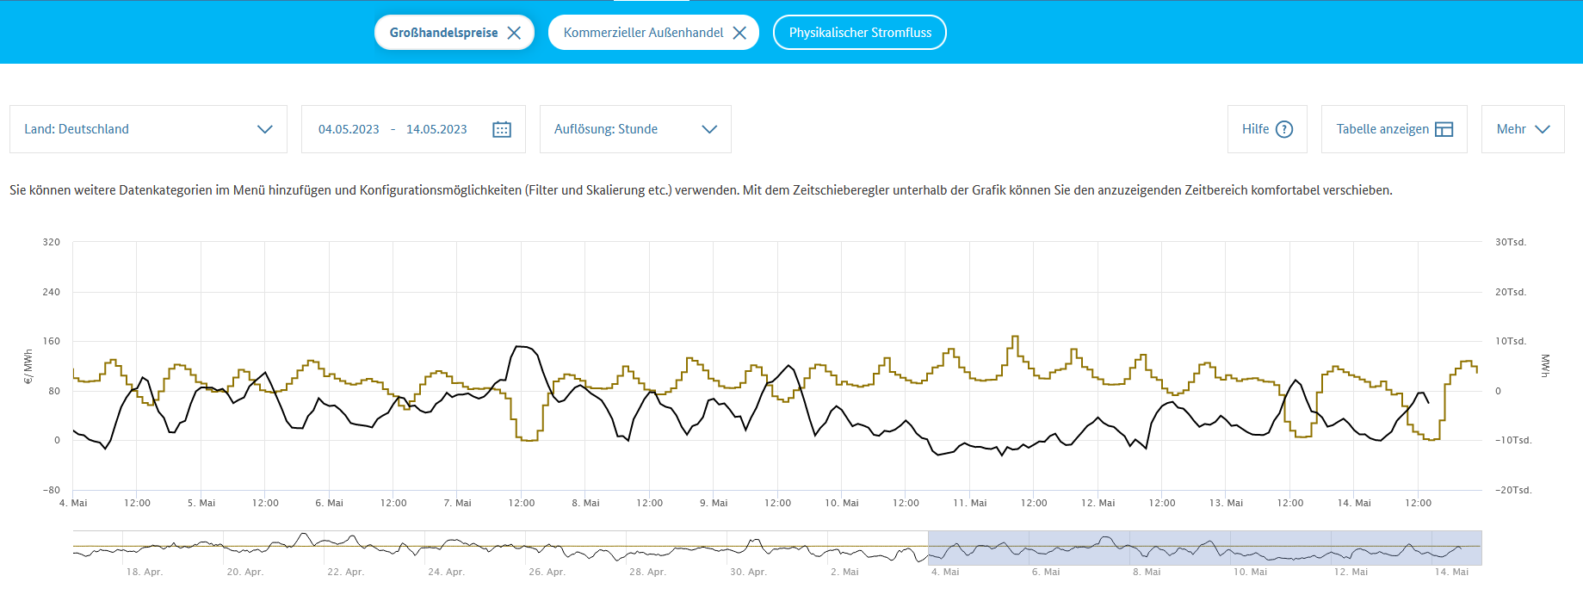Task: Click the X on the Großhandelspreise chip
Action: (x=514, y=33)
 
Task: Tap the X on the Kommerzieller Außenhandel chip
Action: (x=739, y=33)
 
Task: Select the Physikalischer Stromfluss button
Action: (x=859, y=33)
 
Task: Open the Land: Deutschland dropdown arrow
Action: (x=264, y=129)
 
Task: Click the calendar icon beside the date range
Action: (x=502, y=129)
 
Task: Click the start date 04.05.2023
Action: (x=349, y=129)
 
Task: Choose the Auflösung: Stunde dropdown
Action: (x=635, y=129)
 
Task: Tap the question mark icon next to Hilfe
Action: (x=1284, y=129)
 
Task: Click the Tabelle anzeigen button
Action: (x=1394, y=129)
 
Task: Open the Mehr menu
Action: (x=1522, y=129)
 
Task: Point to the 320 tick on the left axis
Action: (x=52, y=242)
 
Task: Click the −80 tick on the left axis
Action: (x=52, y=490)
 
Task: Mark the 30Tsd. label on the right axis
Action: (x=1511, y=242)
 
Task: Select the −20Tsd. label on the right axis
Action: (x=1513, y=490)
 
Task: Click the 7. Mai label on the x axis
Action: (x=457, y=503)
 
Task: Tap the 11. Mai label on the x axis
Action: (x=970, y=503)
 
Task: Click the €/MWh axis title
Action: (x=28, y=366)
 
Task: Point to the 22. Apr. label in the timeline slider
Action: (x=345, y=572)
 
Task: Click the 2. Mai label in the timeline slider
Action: (x=844, y=572)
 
